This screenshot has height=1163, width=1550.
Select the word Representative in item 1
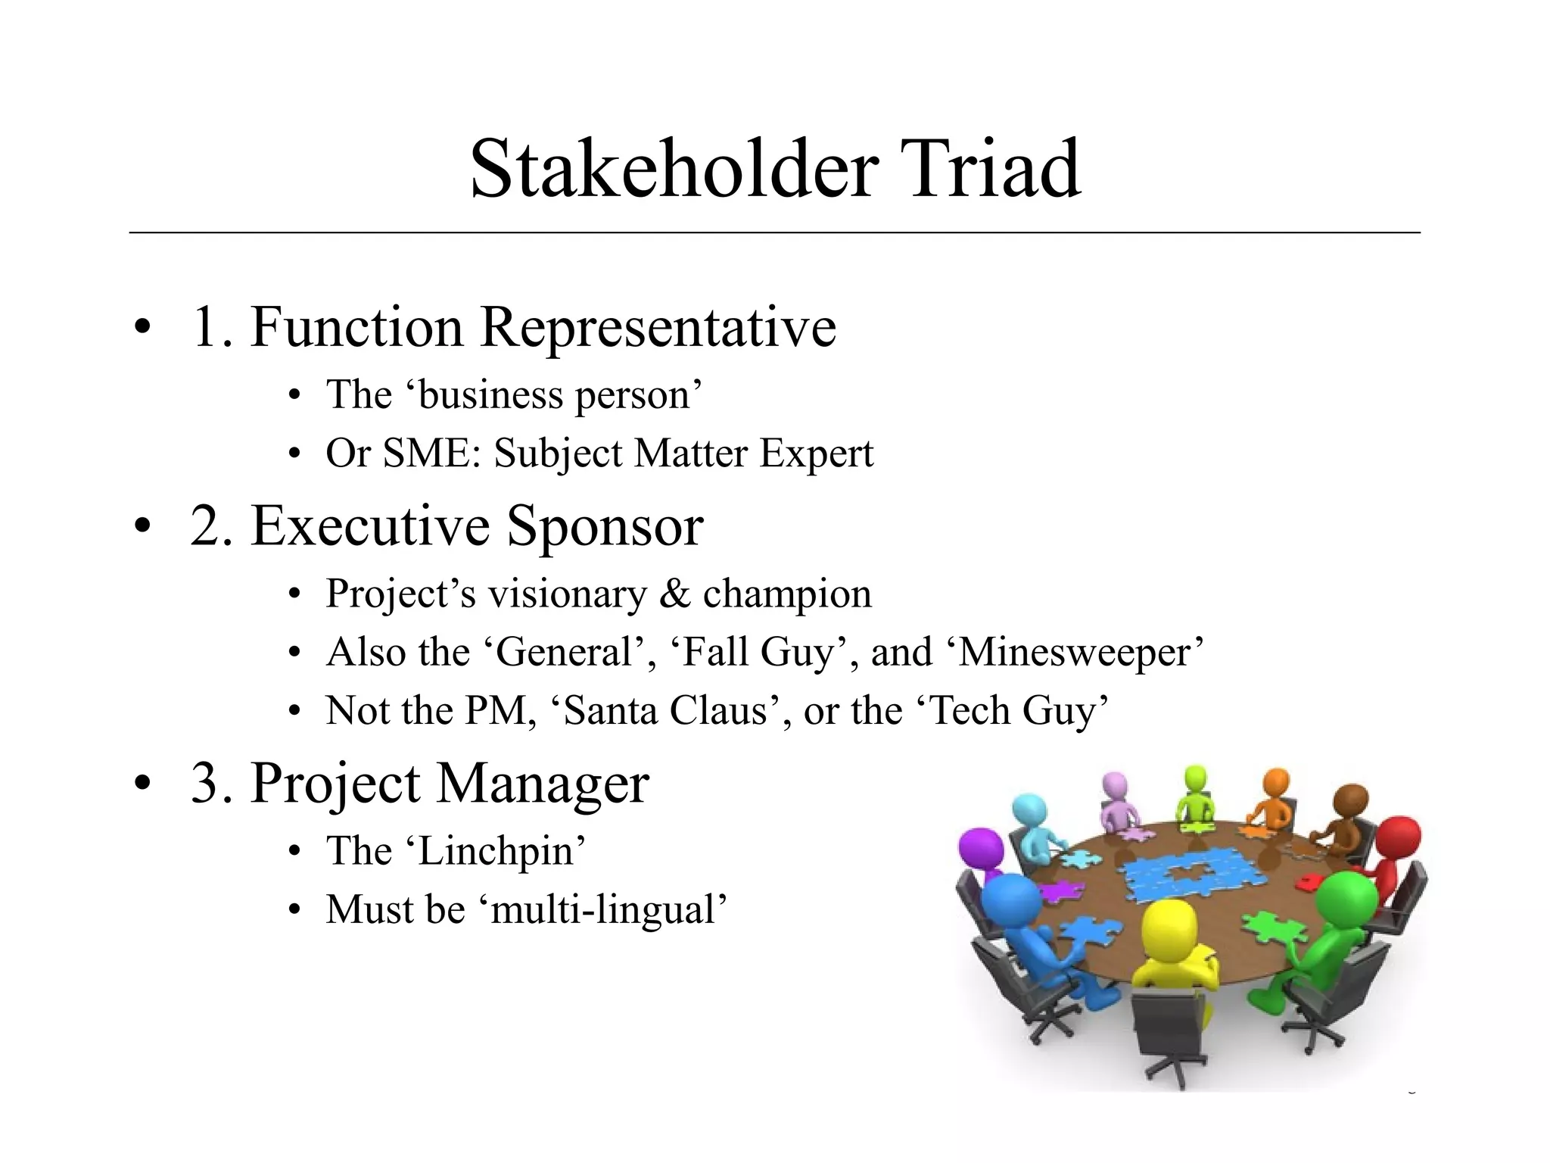[x=658, y=327]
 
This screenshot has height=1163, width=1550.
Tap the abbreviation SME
[x=426, y=454]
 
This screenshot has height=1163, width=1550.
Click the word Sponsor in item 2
[x=605, y=525]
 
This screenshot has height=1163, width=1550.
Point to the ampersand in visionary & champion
[x=674, y=594]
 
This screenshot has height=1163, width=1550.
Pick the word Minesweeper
[x=1075, y=653]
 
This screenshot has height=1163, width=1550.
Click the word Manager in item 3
[x=543, y=783]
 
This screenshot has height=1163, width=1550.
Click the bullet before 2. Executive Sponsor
[x=142, y=527]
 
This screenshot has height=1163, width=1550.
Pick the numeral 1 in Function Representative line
[x=204, y=327]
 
